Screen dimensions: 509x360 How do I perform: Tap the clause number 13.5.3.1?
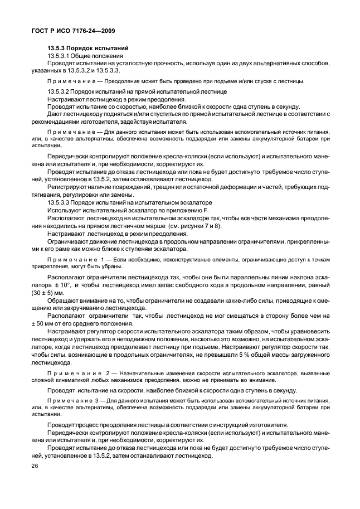point(61,56)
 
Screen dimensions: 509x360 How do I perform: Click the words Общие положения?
point(95,56)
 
